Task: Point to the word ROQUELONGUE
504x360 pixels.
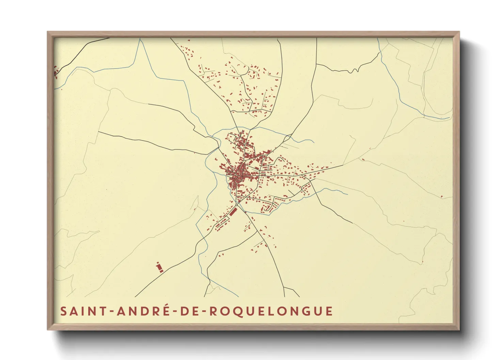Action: coord(271,311)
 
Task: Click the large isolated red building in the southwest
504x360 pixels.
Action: coord(159,267)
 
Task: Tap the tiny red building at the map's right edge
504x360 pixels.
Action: coord(442,196)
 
